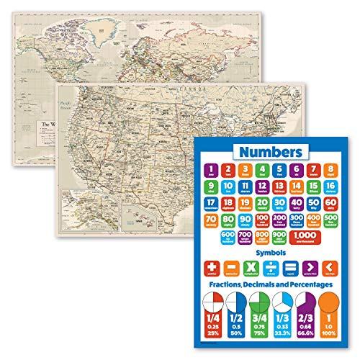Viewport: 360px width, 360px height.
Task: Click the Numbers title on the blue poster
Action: (271, 152)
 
